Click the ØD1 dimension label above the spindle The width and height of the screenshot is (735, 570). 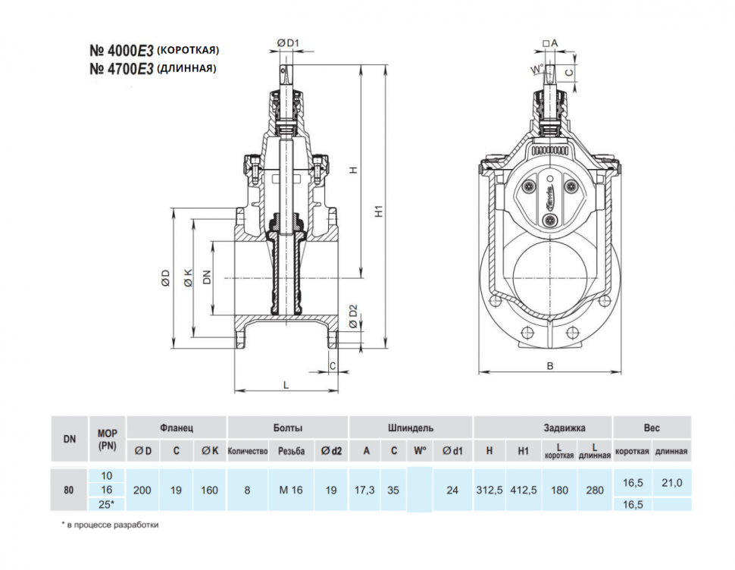pos(288,43)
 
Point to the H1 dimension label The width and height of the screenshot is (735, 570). pos(379,211)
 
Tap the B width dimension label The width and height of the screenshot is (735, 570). pos(550,366)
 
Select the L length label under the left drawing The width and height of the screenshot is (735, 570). pos(286,385)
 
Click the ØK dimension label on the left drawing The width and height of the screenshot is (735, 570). pos(188,277)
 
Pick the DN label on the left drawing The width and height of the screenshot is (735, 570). pos(207,277)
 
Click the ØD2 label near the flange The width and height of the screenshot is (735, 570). pos(353,317)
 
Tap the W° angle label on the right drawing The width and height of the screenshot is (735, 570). pos(537,70)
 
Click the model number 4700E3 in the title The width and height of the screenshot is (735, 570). pos(121,69)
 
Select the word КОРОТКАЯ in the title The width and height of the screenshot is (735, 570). pos(187,50)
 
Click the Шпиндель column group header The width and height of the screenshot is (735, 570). pos(411,428)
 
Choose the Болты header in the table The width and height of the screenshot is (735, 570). pos(288,428)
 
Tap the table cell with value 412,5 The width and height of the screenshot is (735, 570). pos(523,490)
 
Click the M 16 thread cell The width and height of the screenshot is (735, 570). pos(291,490)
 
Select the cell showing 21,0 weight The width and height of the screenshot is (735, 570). pos(671,482)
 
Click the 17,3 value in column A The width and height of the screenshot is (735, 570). pos(364,490)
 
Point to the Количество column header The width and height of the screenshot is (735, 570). pos(248,452)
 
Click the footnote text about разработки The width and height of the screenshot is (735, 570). pos(110,525)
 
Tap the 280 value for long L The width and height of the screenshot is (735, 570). pos(595,490)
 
